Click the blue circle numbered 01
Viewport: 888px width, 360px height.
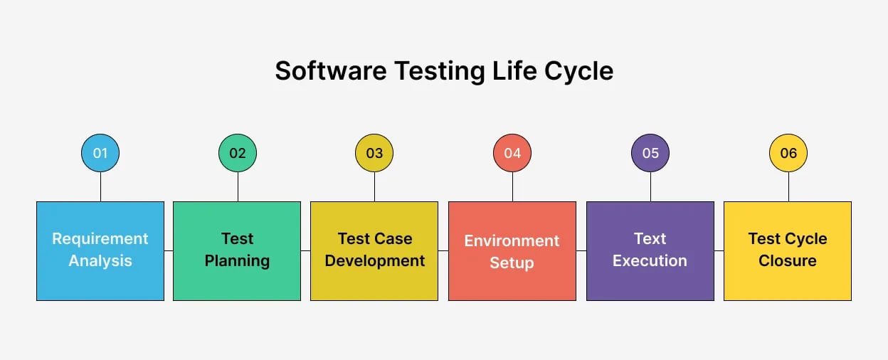(x=100, y=153)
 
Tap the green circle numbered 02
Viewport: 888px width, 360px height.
(x=238, y=153)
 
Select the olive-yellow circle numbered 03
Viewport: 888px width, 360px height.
(x=374, y=153)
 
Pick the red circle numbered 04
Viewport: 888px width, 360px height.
(x=512, y=153)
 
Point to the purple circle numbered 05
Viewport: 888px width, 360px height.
(x=650, y=153)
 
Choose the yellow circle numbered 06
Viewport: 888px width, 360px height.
(x=788, y=153)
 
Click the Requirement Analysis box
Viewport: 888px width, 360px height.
(x=100, y=250)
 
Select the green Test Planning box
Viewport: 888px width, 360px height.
(x=237, y=250)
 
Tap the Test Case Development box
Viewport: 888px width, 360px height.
(x=374, y=250)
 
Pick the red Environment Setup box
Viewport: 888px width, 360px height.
(x=512, y=250)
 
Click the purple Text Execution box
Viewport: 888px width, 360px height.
(x=650, y=250)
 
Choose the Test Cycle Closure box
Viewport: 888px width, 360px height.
(x=788, y=250)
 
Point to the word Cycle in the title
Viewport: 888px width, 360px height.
(x=577, y=71)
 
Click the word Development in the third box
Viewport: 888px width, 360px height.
(x=375, y=261)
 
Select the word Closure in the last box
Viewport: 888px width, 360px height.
(x=788, y=261)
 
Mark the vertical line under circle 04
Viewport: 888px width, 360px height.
(x=512, y=186)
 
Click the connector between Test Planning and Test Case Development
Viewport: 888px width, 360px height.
(x=306, y=250)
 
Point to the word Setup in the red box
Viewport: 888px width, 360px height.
(x=512, y=263)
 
